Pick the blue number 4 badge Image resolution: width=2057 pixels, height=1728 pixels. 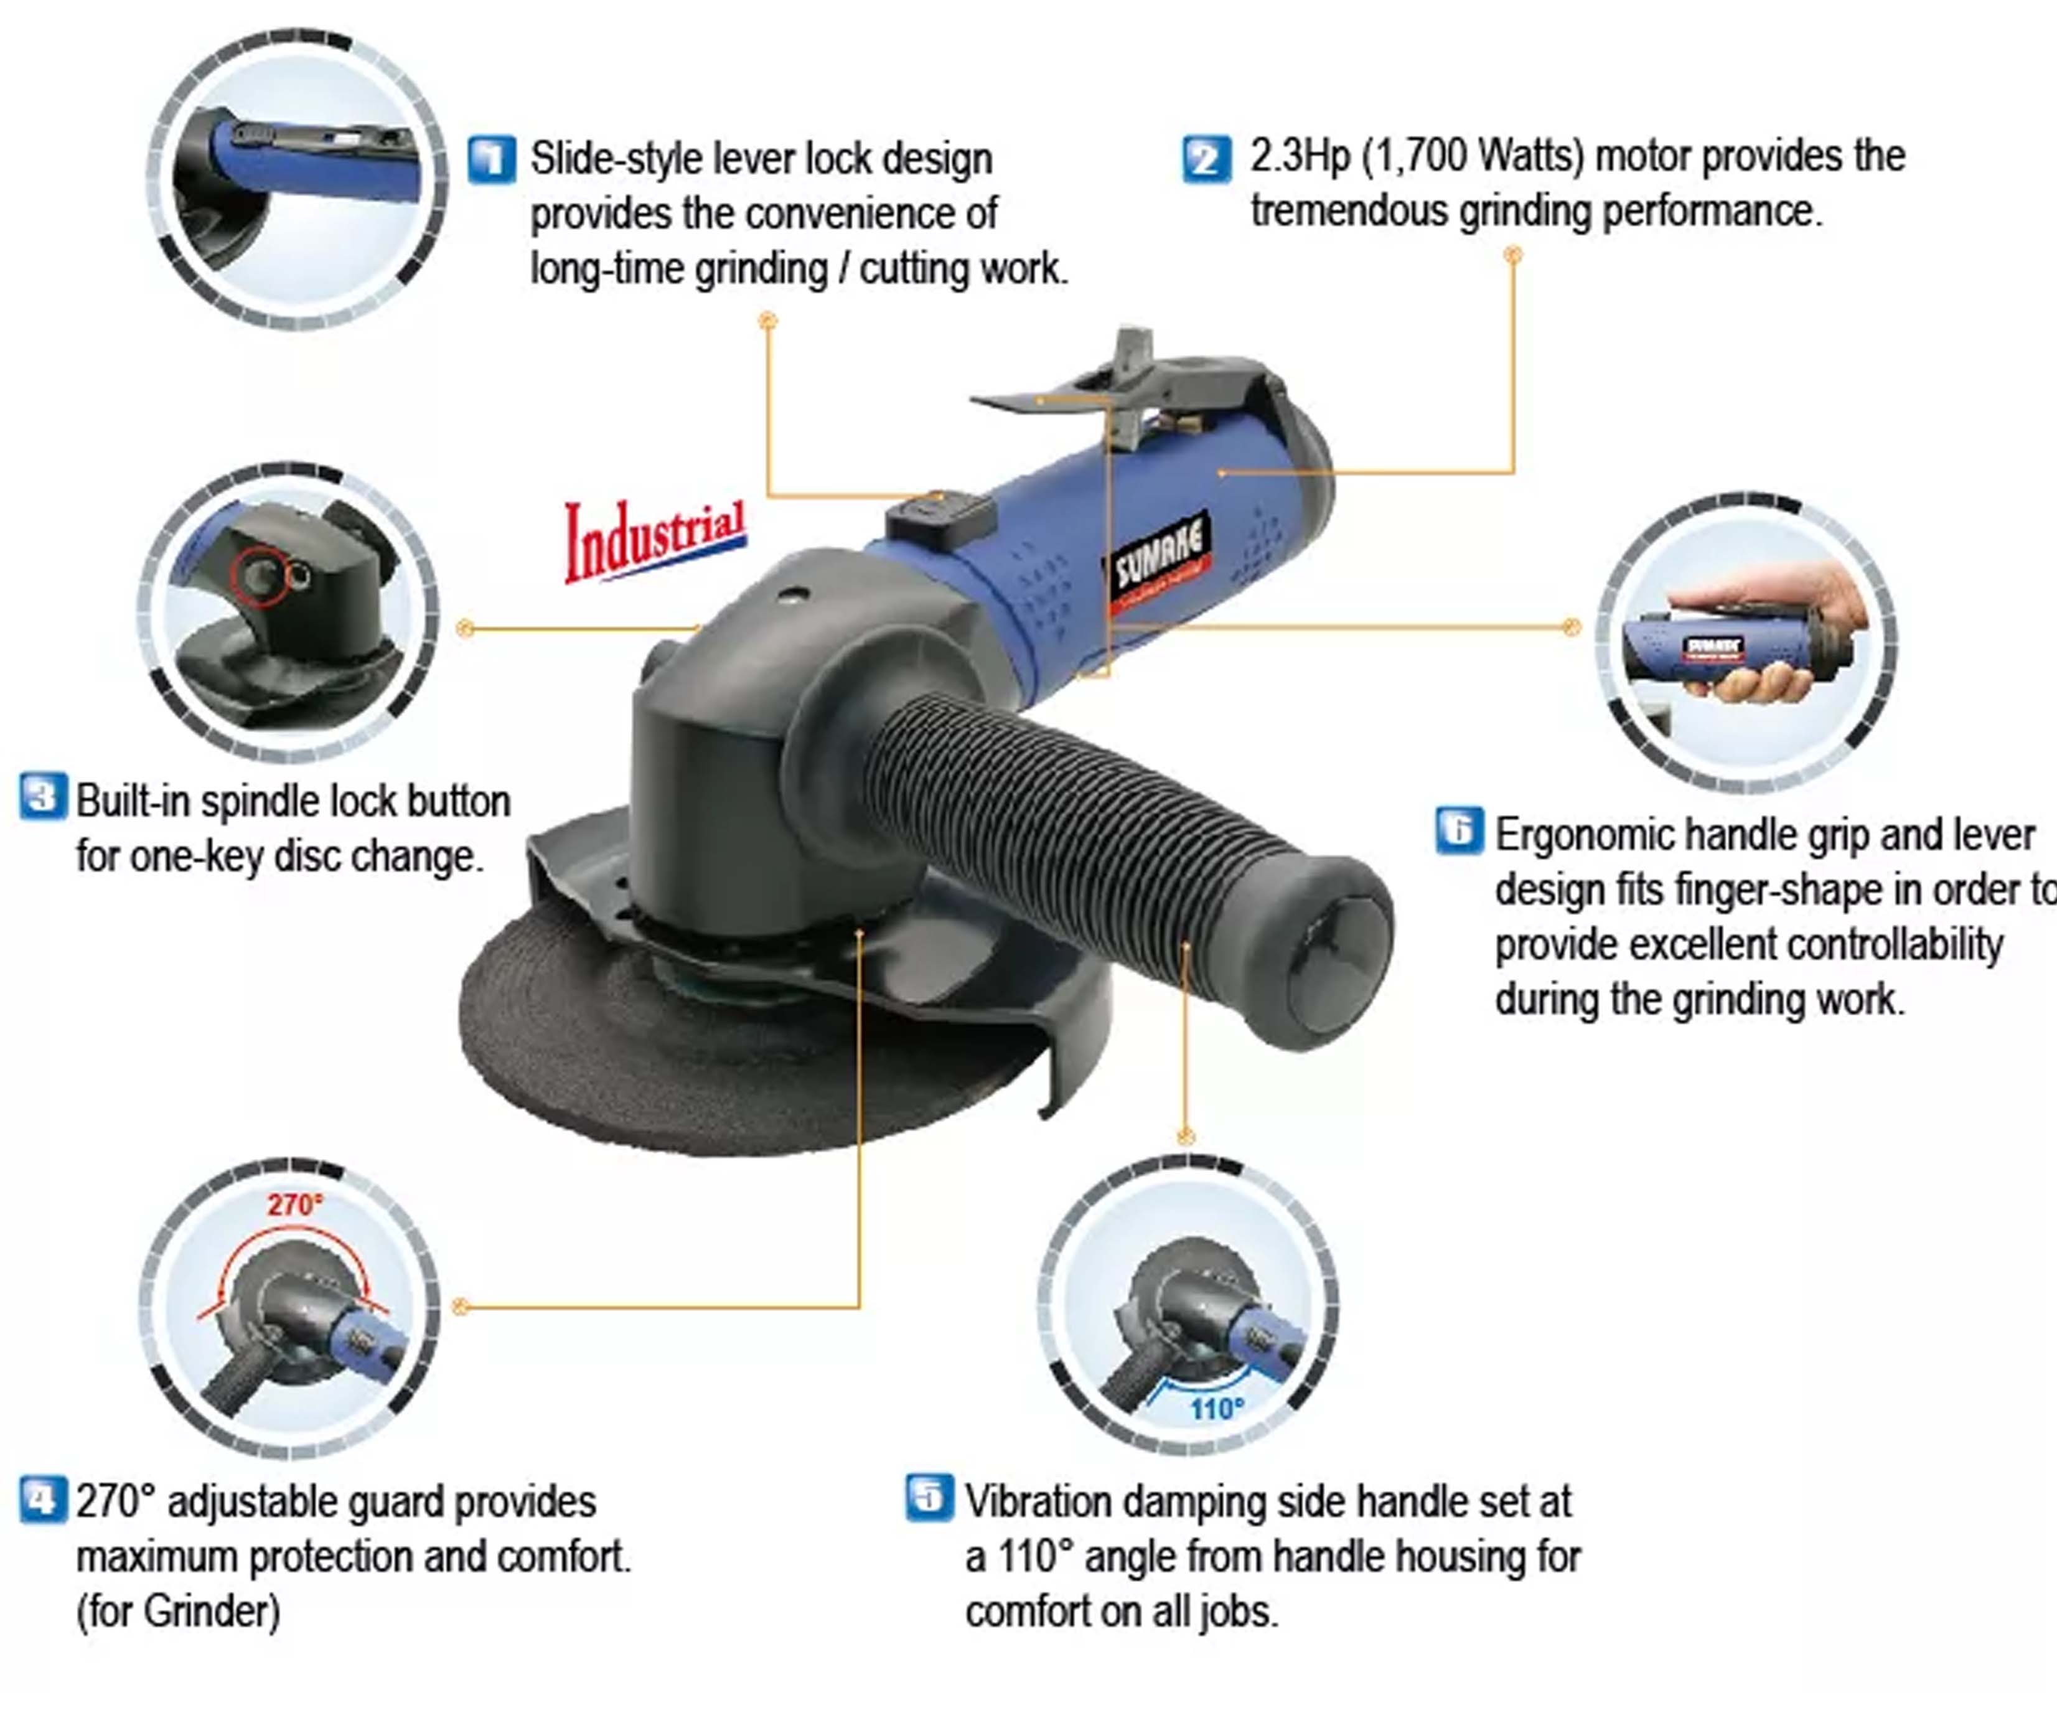[x=43, y=1500]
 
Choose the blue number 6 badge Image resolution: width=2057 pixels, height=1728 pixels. [x=1458, y=830]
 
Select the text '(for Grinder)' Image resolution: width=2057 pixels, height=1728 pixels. [x=178, y=1612]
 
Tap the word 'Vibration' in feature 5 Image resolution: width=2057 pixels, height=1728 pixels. [x=1048, y=1501]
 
